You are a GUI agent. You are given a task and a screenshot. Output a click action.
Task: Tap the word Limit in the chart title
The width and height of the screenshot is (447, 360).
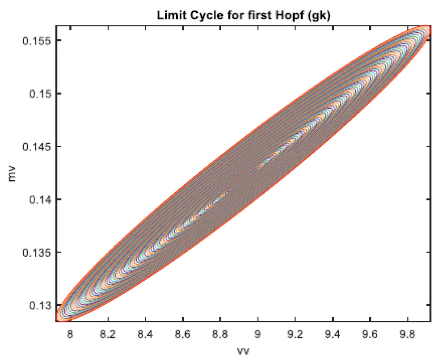coord(169,15)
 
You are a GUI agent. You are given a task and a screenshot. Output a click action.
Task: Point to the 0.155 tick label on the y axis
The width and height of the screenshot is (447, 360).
coord(37,41)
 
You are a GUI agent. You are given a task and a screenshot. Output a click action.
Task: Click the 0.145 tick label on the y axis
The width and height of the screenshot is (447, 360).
coord(37,146)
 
